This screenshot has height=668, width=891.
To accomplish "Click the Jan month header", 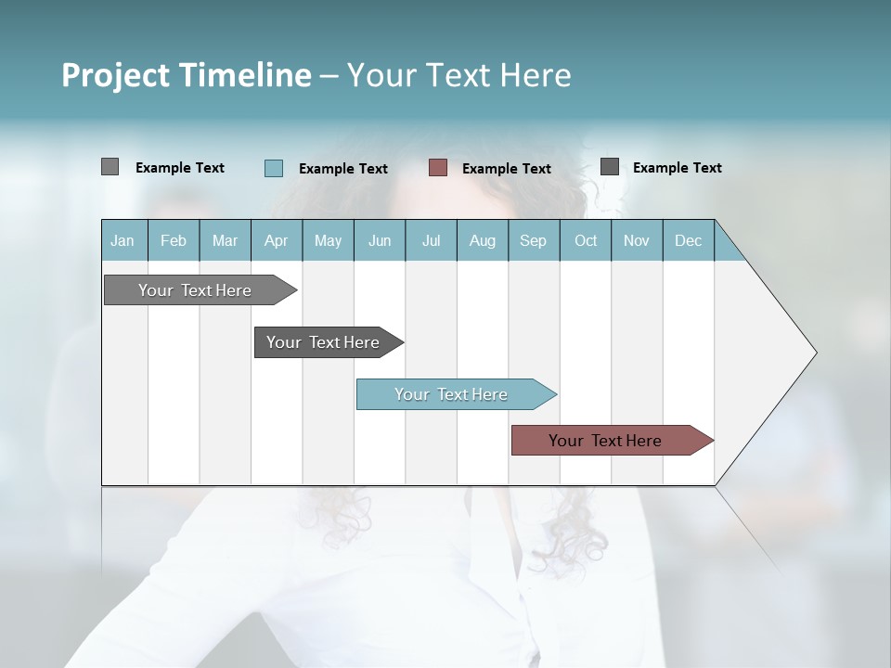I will point(123,240).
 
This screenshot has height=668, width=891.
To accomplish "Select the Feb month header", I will point(174,240).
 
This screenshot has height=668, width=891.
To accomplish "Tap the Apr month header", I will point(276,240).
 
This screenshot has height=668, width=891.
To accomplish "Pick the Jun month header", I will point(380,240).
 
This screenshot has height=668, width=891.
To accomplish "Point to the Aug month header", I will point(482,240).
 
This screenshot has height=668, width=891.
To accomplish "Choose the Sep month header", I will point(533,240).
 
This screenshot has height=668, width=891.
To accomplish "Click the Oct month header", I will point(586,240).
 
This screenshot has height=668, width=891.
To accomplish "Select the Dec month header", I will point(688,240).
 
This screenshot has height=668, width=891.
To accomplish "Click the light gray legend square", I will point(110,167).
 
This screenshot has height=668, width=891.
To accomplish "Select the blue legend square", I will point(274,168).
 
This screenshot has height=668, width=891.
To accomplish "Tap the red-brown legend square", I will point(438,168).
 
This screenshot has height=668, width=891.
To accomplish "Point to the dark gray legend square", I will point(610,167).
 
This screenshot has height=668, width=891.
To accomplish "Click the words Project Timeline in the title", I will point(187,75).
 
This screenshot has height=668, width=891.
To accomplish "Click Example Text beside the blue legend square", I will point(343,169).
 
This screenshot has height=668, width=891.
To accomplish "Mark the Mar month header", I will point(225,240).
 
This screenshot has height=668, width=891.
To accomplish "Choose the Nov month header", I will point(637,240).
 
